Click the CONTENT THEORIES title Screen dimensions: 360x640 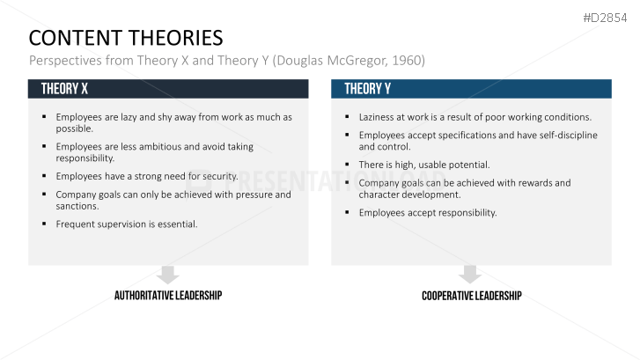[x=126, y=38]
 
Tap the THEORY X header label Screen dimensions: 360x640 [x=64, y=89]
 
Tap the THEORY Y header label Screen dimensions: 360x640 [x=368, y=89]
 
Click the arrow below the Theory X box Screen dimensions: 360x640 [x=168, y=275]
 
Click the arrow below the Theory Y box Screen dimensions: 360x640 [x=471, y=275]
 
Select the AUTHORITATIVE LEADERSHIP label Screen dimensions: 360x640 [x=168, y=296]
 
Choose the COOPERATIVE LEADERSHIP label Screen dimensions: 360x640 [x=471, y=296]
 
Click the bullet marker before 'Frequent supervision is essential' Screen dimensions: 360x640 [x=44, y=224]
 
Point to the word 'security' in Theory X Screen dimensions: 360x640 [x=217, y=176]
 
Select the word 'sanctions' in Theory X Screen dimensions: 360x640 [x=77, y=206]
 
